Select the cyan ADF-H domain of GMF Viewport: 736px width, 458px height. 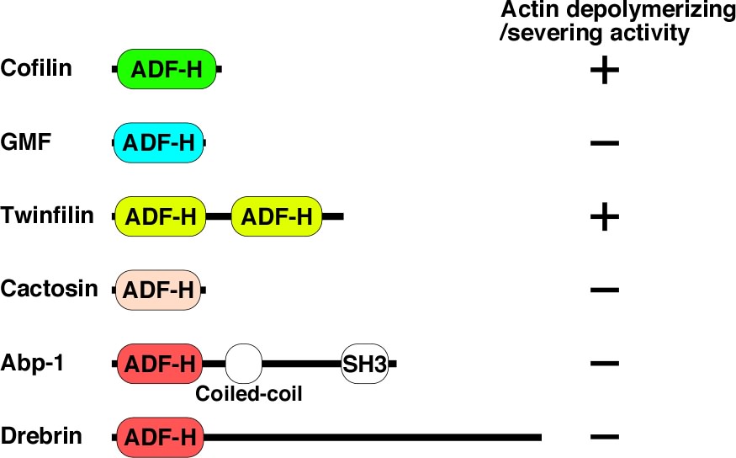click(x=159, y=143)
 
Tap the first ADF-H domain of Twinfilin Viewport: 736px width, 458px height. click(x=160, y=216)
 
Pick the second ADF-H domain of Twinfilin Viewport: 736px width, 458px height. click(x=276, y=216)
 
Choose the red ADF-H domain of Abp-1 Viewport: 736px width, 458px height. click(x=160, y=365)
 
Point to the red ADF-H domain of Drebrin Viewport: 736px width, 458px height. click(x=160, y=438)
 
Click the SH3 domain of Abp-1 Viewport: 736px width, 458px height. click(x=365, y=365)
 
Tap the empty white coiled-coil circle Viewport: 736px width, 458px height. click(x=245, y=364)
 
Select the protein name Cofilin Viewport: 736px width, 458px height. click(x=37, y=68)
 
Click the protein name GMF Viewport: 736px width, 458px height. click(x=27, y=142)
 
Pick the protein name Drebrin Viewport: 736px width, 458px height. click(x=43, y=438)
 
